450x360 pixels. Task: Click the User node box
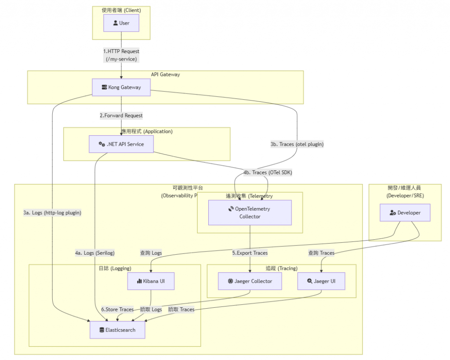coord(121,23)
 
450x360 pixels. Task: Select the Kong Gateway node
coord(121,87)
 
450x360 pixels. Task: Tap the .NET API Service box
coord(121,144)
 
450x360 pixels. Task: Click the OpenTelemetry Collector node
coord(250,212)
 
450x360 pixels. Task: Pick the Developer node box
coord(405,212)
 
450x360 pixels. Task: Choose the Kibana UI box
coord(151,281)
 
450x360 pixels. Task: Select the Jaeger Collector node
coord(250,281)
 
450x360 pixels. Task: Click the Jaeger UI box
coord(321,281)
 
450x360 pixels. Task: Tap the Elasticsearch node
coord(117,330)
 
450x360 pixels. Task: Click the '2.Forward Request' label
coord(121,115)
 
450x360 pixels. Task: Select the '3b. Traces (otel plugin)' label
coord(297,144)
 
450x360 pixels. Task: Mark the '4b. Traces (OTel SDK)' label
coord(268,173)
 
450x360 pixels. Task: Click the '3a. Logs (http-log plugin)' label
coord(52,212)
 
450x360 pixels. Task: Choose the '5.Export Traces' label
coord(250,252)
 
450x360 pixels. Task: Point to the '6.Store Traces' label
coord(117,310)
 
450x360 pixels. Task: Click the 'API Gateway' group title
coord(165,75)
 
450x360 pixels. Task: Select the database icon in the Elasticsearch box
coord(102,330)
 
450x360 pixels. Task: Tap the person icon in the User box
coord(115,23)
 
